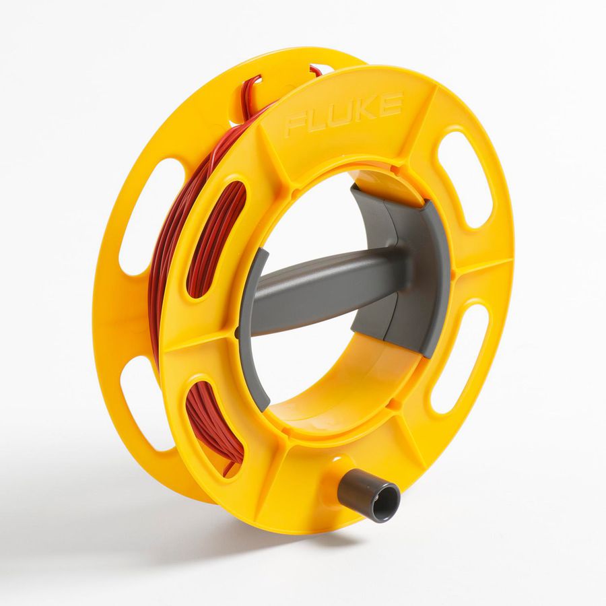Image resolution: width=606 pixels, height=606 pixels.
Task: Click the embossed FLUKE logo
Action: (x=343, y=114)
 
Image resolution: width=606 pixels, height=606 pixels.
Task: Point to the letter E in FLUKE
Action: (x=391, y=104)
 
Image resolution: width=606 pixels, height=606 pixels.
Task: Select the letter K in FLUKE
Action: (x=367, y=110)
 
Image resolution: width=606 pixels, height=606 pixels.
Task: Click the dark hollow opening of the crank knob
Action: (x=386, y=502)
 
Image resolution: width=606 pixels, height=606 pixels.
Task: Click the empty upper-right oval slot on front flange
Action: (x=465, y=178)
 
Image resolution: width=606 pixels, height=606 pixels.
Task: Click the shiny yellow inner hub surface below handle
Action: (x=337, y=404)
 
